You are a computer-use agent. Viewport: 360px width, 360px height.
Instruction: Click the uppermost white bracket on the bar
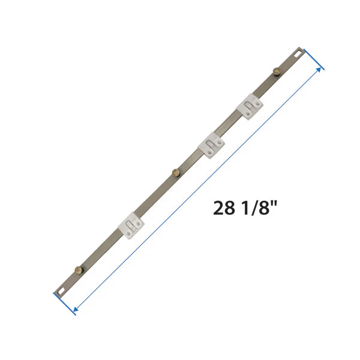point(250,106)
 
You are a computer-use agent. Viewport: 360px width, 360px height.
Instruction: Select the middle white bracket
point(211,145)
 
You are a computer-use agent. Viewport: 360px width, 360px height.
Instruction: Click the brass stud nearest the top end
point(277,73)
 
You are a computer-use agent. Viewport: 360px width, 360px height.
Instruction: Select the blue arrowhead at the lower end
point(75,310)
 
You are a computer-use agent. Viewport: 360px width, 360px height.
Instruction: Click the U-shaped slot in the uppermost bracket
point(248,106)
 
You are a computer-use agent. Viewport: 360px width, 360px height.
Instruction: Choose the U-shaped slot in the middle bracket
point(209,145)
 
